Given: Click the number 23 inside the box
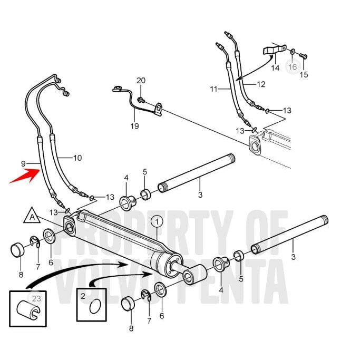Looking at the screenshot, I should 36,298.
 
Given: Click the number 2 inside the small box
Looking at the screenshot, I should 83,296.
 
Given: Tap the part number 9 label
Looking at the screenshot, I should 23,164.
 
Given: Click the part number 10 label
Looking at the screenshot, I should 77,157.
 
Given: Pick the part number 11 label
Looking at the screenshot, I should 213,89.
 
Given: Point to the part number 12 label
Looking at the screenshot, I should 261,84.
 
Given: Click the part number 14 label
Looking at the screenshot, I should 275,68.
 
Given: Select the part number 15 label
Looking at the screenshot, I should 304,74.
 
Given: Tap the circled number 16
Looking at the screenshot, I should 292,67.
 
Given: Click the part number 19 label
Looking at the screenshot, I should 134,126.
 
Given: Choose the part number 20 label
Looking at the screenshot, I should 141,80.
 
